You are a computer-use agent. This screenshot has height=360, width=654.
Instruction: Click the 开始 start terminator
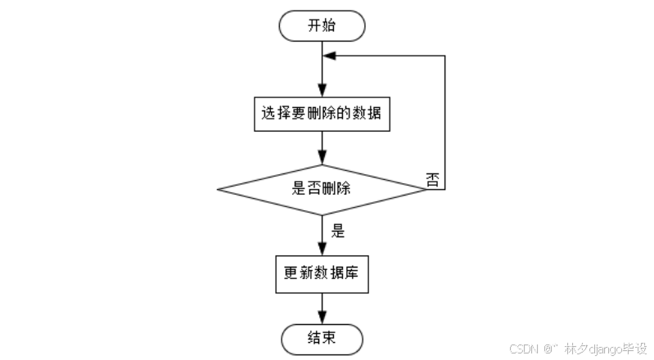(322, 25)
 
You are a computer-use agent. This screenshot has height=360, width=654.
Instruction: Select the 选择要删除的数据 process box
(322, 115)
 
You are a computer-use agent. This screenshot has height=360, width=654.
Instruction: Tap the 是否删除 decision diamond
(322, 188)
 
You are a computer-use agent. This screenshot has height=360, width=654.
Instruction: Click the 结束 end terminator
(322, 336)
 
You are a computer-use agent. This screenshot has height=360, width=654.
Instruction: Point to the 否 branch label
(433, 178)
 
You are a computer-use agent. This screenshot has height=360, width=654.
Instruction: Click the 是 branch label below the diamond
(337, 231)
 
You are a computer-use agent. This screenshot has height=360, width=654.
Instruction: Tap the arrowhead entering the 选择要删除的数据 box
(322, 94)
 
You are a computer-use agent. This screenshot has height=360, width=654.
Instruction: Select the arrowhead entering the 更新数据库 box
(322, 252)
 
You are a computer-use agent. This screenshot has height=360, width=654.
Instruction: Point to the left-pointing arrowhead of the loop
(329, 56)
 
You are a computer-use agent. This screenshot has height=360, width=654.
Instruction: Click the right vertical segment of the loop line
(444, 123)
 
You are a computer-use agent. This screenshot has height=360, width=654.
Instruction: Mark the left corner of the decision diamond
(219, 189)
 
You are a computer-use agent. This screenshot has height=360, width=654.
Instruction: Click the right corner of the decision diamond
(425, 189)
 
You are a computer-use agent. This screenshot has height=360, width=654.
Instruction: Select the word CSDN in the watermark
(522, 349)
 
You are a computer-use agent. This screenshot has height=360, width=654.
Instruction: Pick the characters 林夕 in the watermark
(571, 349)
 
